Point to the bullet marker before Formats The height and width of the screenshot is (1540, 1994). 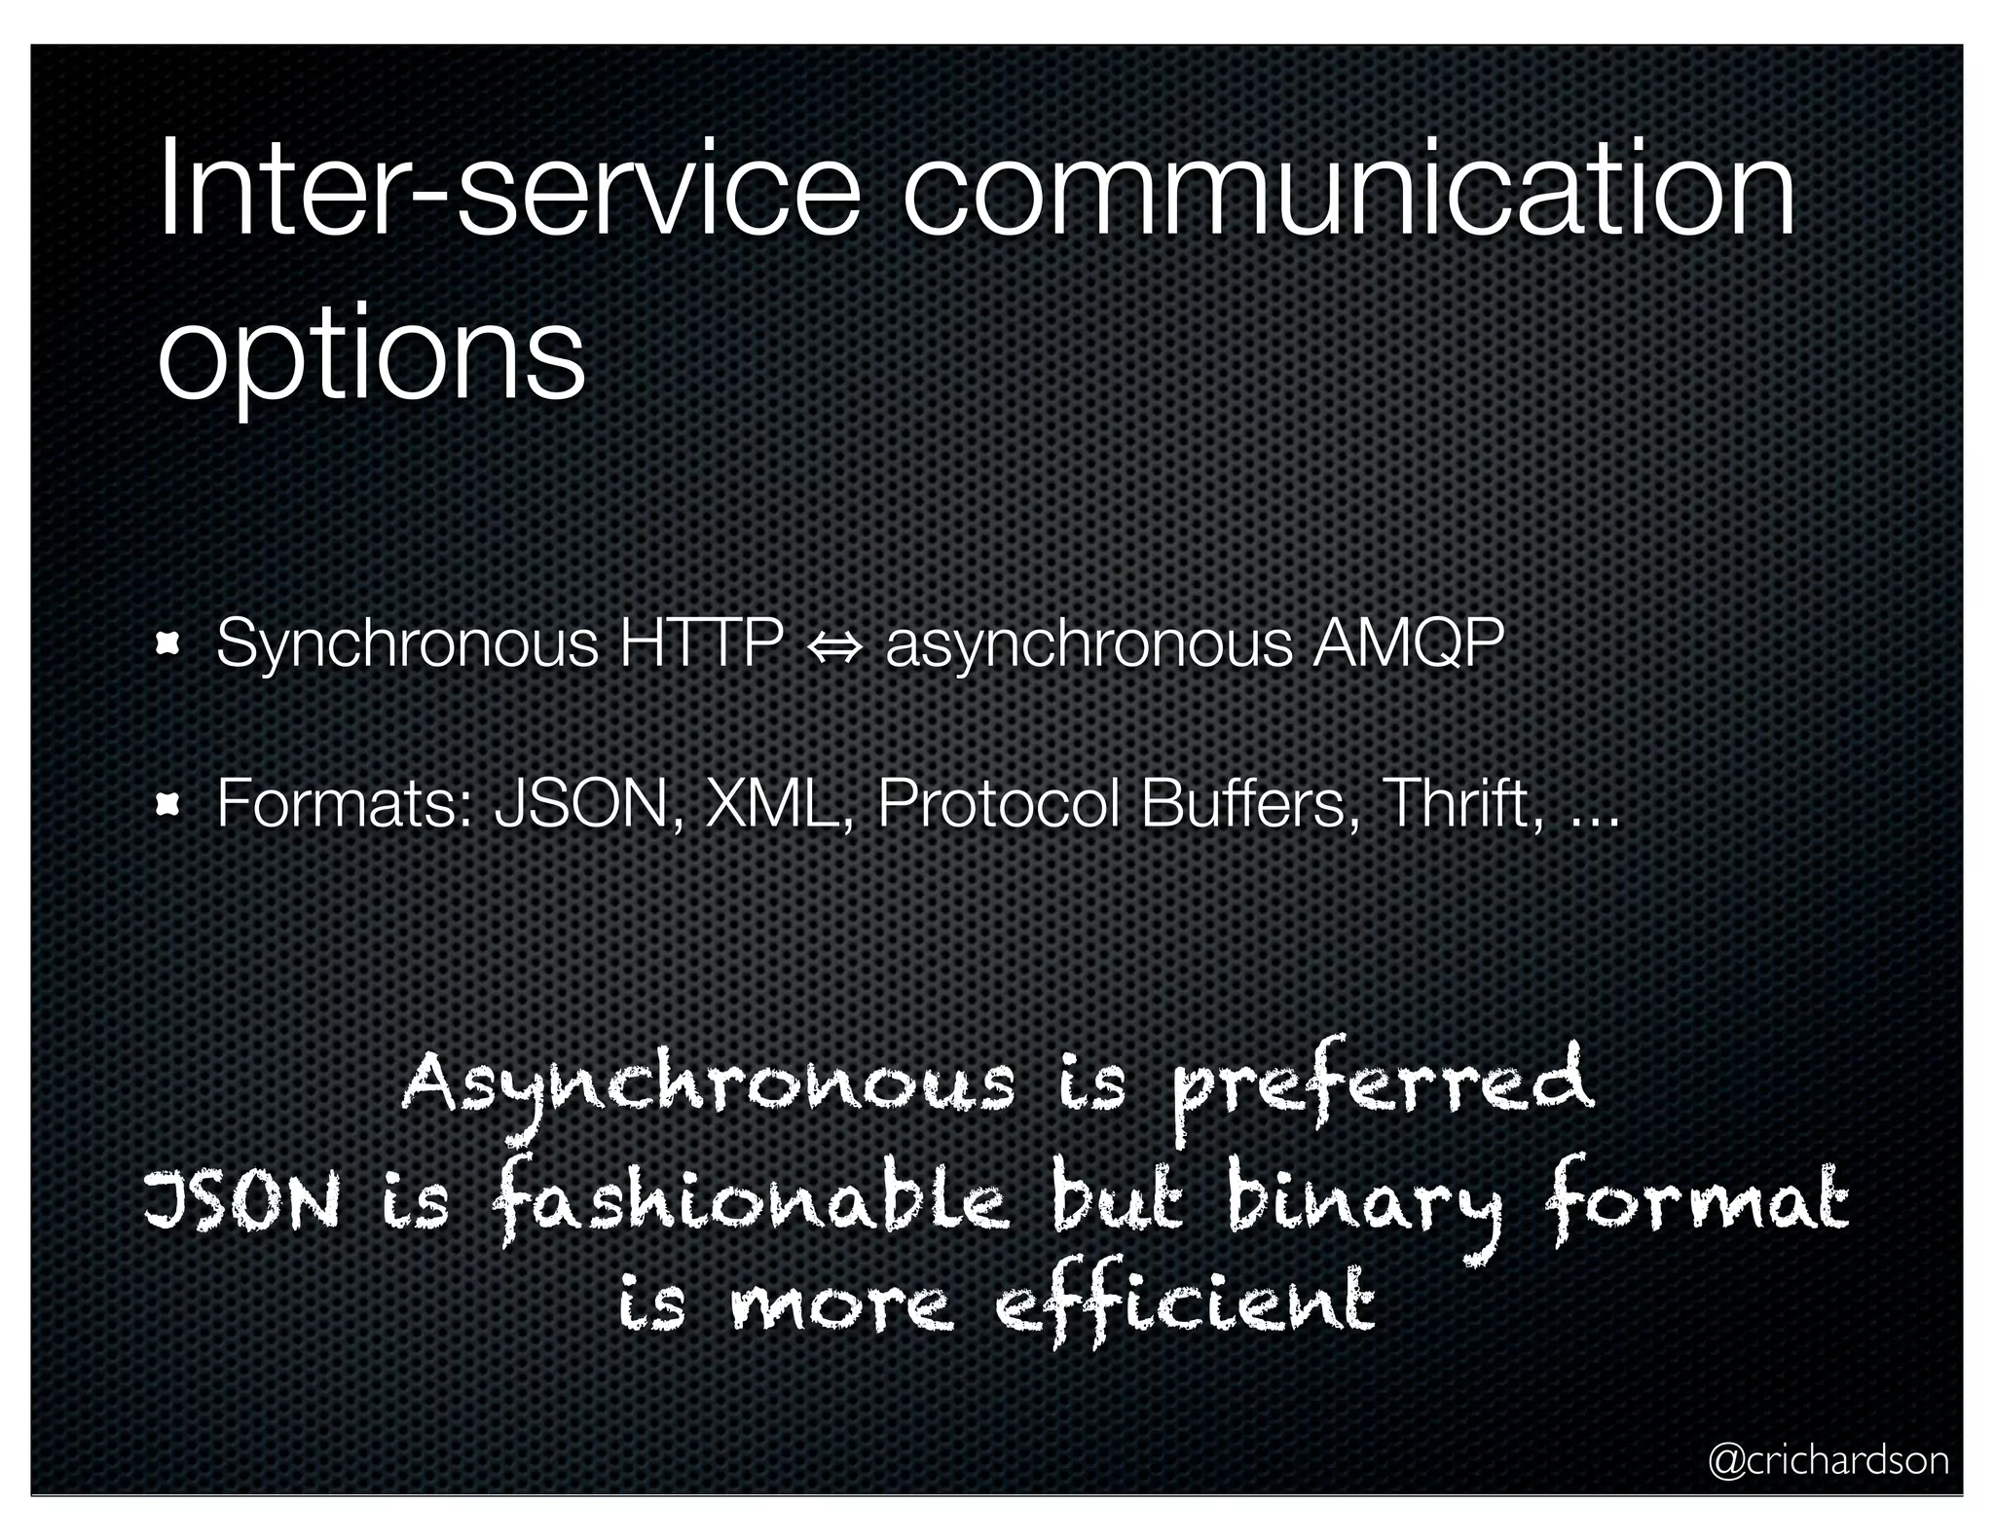(168, 804)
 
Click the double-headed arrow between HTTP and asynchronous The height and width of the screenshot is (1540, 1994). (834, 645)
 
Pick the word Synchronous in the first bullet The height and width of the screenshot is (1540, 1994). (407, 644)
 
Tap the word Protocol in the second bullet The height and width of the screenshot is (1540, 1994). (997, 804)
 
